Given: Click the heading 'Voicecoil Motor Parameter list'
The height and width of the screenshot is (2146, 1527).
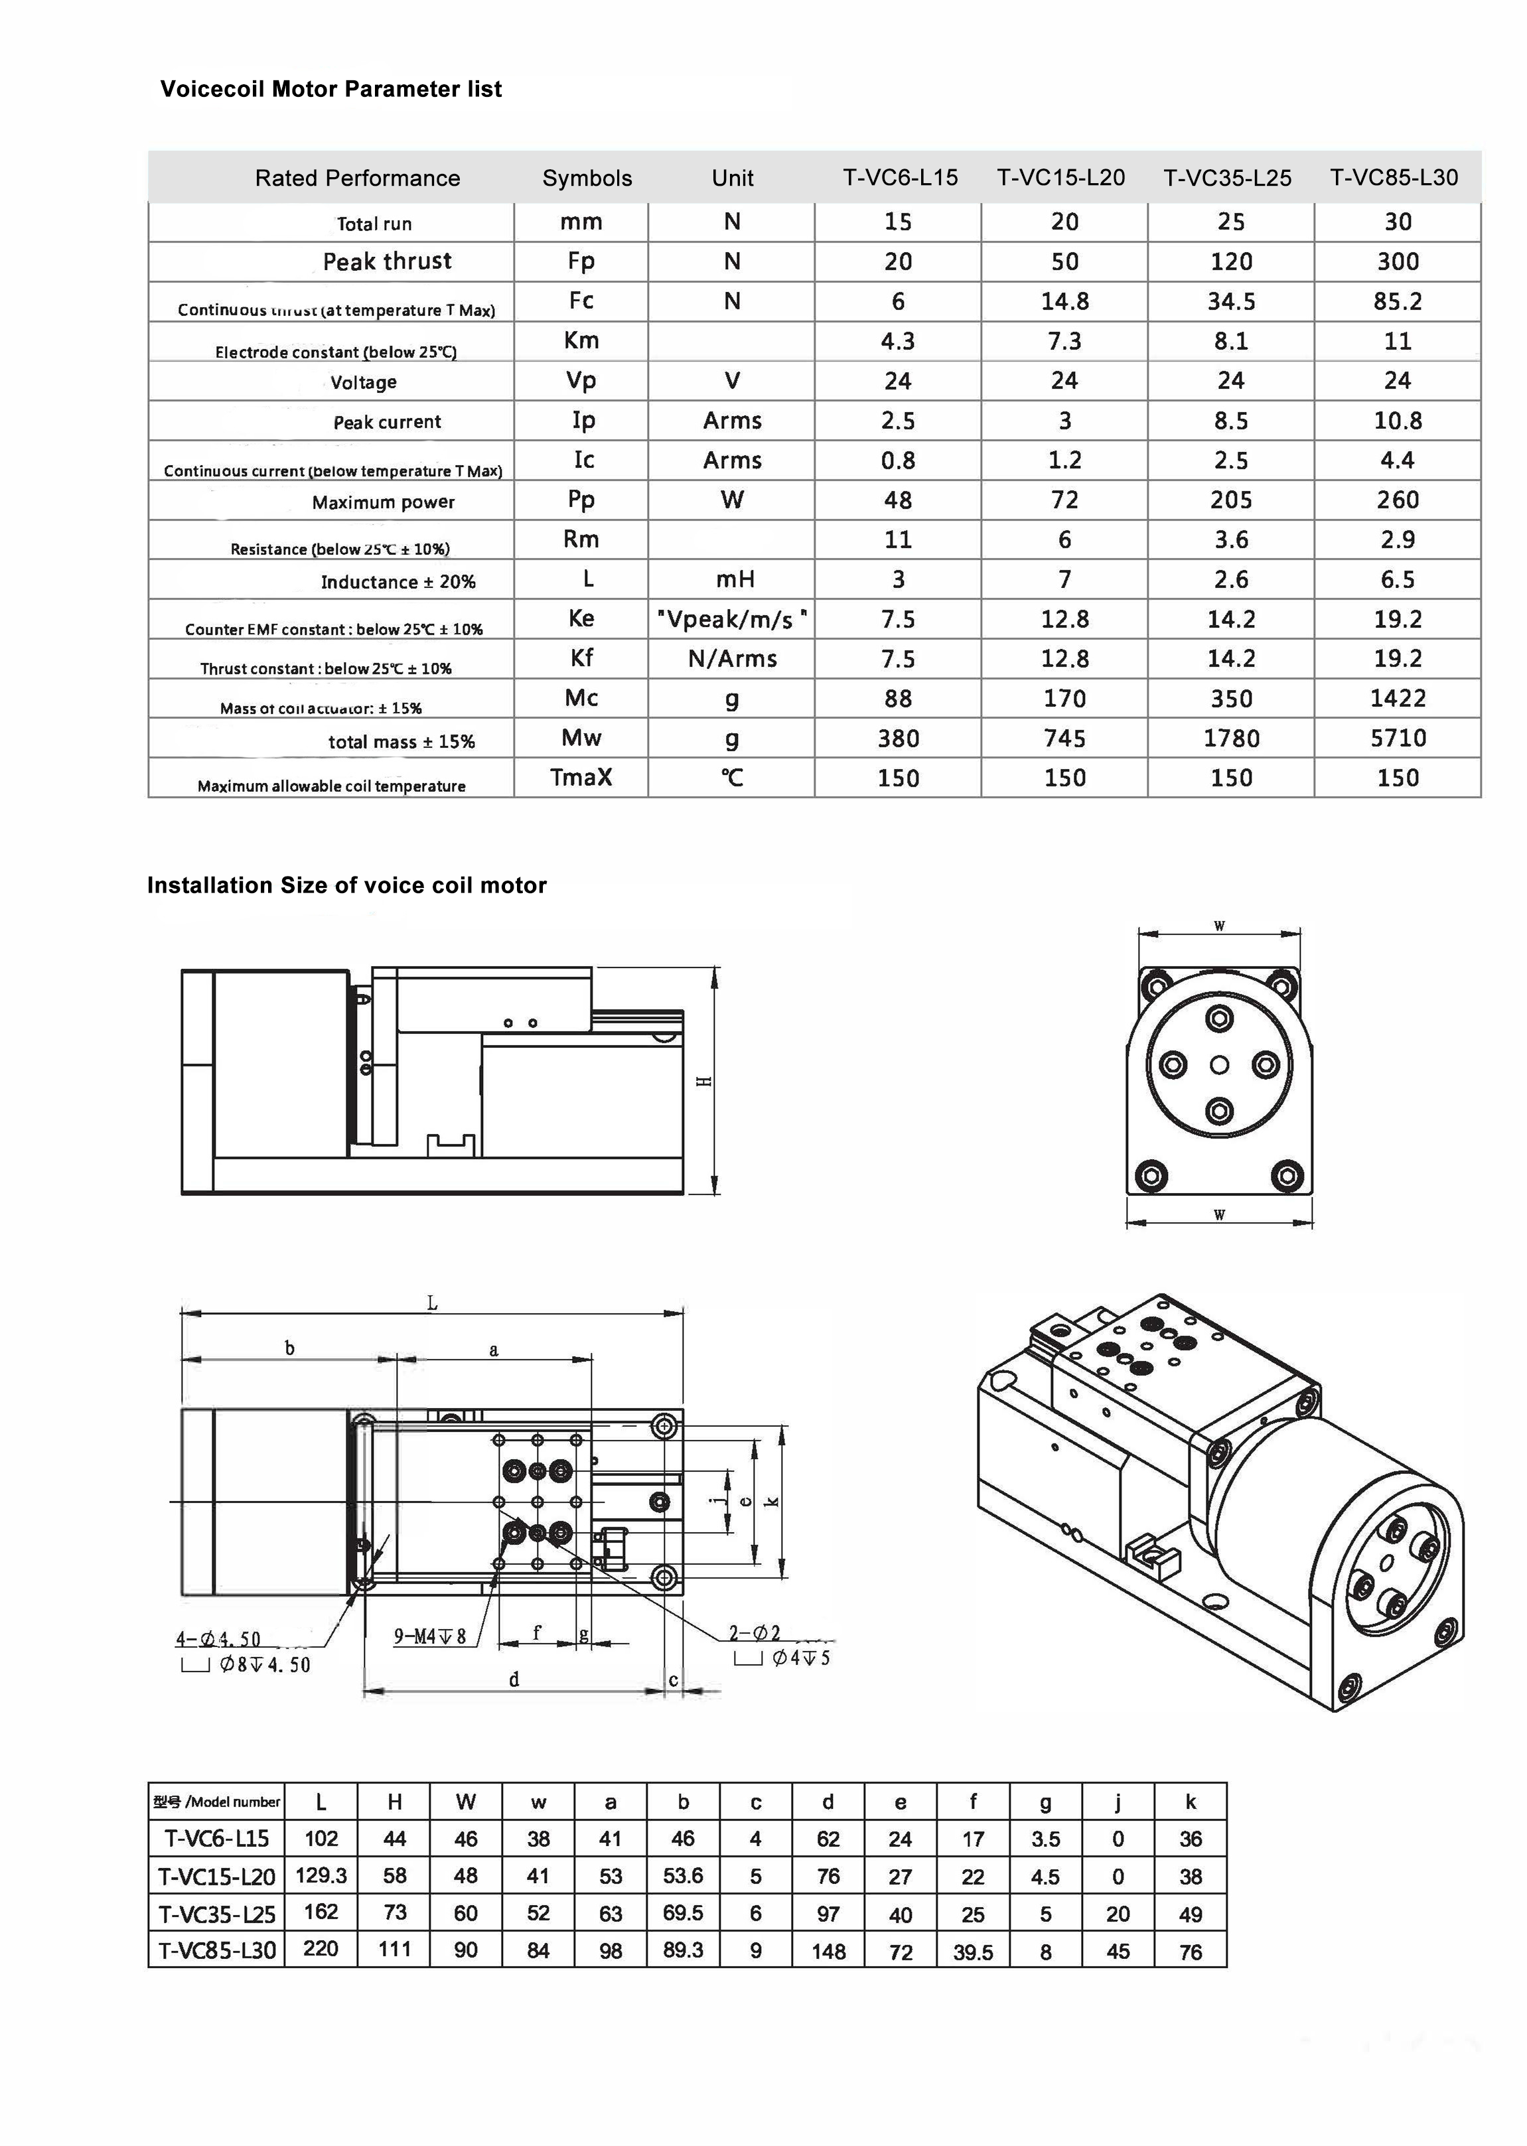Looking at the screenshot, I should coord(331,90).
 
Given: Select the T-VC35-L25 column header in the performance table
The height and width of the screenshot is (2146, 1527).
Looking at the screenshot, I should coord(1227,178).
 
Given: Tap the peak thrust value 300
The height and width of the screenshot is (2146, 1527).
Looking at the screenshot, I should coord(1397,261).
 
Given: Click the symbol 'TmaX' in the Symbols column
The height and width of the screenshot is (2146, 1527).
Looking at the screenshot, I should coord(581,777).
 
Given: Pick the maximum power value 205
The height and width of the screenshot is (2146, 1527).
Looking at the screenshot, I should coord(1231,500).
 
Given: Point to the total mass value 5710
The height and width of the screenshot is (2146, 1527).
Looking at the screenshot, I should coord(1397,738).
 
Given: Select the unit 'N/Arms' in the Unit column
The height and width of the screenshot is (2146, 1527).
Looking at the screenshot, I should coord(733,659).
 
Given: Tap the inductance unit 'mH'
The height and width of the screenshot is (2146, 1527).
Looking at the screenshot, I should coord(735,579).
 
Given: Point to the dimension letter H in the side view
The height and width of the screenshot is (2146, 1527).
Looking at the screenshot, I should coord(703,1081).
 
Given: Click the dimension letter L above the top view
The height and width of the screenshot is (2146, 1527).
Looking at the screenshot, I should coord(433,1303).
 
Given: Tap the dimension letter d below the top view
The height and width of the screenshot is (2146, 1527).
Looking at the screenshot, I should coord(514,1680).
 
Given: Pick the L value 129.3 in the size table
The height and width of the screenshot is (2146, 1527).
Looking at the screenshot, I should coord(321,1875).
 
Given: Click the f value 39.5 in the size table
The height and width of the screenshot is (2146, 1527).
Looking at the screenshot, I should coord(972,1952).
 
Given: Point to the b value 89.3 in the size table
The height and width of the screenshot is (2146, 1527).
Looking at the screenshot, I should coord(683,1950).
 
